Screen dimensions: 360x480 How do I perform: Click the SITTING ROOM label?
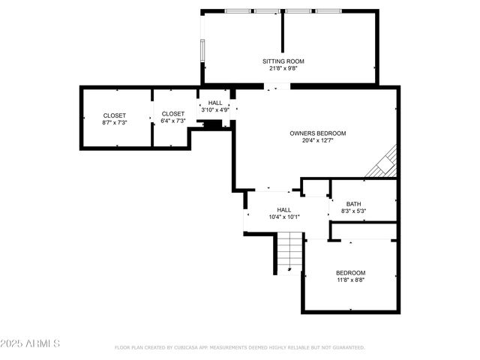[283, 61]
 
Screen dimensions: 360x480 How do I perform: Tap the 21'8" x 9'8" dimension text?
[283, 68]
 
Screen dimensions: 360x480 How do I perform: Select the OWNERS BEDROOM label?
[318, 133]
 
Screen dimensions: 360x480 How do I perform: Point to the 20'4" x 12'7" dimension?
[318, 140]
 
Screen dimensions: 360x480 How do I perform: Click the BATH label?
[353, 204]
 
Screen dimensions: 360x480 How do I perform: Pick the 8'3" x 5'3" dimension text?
[353, 211]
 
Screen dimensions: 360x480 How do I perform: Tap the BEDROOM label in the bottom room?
[350, 272]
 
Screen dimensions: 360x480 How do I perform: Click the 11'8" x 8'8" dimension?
[350, 280]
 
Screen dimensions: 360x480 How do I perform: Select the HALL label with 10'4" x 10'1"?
[284, 210]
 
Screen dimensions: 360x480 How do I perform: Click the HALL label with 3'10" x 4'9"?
[215, 103]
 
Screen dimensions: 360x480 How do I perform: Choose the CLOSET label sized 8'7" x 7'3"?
[115, 115]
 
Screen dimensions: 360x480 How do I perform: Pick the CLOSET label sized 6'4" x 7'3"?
[172, 114]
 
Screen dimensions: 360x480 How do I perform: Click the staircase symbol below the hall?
[289, 252]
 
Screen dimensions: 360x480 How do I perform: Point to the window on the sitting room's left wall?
[202, 49]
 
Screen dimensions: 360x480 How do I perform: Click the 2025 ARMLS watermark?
[30, 343]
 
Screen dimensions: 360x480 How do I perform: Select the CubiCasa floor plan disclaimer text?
[239, 347]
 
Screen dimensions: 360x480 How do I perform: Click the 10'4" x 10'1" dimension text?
[284, 217]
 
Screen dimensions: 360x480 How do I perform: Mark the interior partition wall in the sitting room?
[283, 30]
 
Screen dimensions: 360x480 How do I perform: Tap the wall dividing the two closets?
[153, 118]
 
